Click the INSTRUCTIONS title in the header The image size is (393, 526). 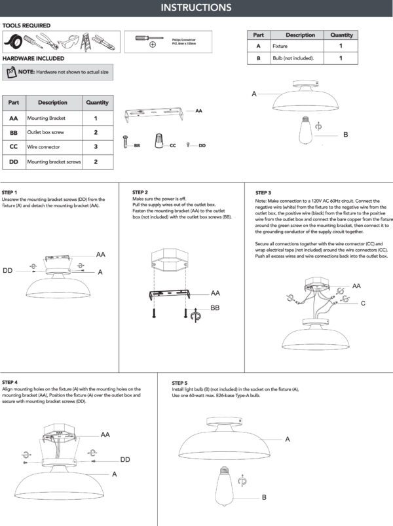coord(196,8)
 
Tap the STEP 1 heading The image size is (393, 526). coord(10,192)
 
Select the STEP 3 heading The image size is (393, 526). coord(263,193)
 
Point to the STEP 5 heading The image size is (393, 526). coord(181,382)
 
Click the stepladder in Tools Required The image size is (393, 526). coord(84,43)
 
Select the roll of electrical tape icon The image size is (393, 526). coord(13,43)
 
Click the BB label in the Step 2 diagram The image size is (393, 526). coord(214,307)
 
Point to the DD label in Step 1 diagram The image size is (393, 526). coord(8,270)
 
